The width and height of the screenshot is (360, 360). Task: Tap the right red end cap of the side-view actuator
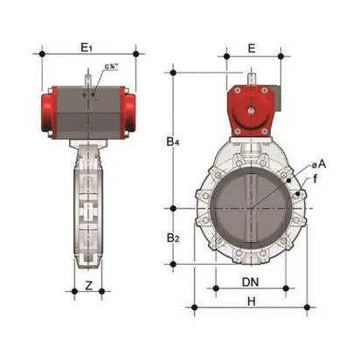click(x=130, y=110)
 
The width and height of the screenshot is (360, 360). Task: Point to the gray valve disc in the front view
click(x=250, y=209)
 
